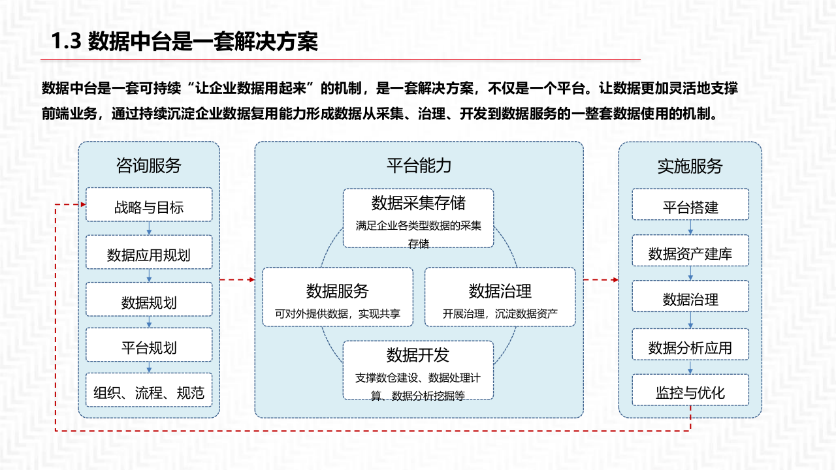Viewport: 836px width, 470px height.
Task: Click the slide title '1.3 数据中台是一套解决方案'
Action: pyautogui.click(x=185, y=42)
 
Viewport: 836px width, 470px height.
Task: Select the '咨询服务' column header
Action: pyautogui.click(x=149, y=165)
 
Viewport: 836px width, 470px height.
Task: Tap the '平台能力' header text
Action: pyautogui.click(x=419, y=165)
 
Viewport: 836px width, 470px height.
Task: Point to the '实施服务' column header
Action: pyautogui.click(x=690, y=166)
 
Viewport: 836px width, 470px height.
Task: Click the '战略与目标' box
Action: pyautogui.click(x=149, y=207)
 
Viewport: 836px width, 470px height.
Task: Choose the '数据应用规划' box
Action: pyautogui.click(x=149, y=255)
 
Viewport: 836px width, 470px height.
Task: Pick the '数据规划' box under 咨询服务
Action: pyautogui.click(x=149, y=302)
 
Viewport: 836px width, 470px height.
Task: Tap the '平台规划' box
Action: pyautogui.click(x=149, y=347)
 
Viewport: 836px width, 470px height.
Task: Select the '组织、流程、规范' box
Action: pyautogui.click(x=149, y=392)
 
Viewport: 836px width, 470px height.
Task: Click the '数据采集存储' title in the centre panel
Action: pyautogui.click(x=418, y=202)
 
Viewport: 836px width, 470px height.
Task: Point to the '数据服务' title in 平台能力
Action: pyautogui.click(x=337, y=291)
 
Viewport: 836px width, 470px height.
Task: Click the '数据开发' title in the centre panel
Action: pyautogui.click(x=418, y=355)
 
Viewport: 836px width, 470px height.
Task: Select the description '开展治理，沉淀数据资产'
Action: pyautogui.click(x=500, y=314)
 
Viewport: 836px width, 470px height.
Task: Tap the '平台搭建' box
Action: pyautogui.click(x=690, y=207)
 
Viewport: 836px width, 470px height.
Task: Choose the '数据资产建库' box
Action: pyautogui.click(x=690, y=253)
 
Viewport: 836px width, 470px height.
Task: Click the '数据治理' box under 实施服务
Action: pyautogui.click(x=690, y=299)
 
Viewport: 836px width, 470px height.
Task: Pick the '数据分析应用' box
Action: pyautogui.click(x=690, y=347)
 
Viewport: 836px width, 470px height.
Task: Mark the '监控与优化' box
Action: pyautogui.click(x=690, y=393)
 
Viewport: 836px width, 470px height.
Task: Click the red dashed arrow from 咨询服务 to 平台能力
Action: pyautogui.click(x=237, y=280)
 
